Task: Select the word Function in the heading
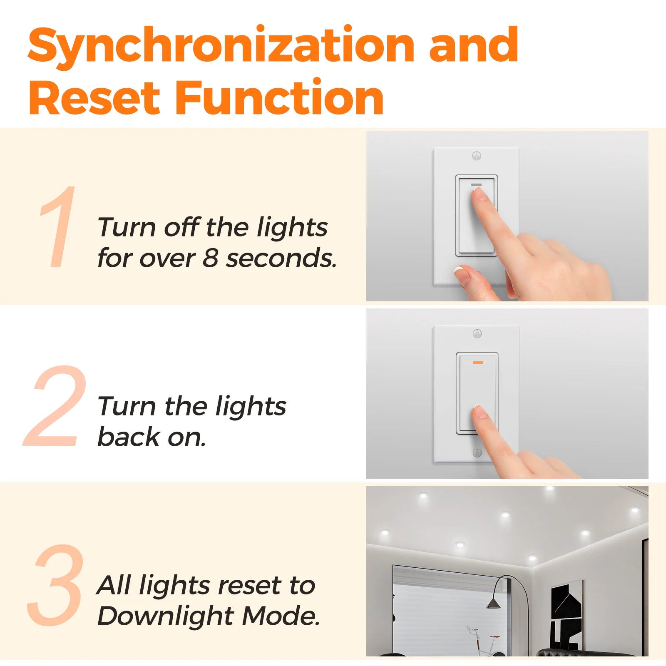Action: [279, 97]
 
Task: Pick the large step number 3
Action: [55, 584]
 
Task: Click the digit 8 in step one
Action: [211, 258]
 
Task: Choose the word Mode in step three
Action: [281, 616]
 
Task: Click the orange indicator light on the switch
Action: [478, 363]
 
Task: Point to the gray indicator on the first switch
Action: [476, 184]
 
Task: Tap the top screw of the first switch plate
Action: [477, 156]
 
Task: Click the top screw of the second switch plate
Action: [477, 333]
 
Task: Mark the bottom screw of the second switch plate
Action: [477, 452]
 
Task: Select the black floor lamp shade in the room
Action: [493, 603]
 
